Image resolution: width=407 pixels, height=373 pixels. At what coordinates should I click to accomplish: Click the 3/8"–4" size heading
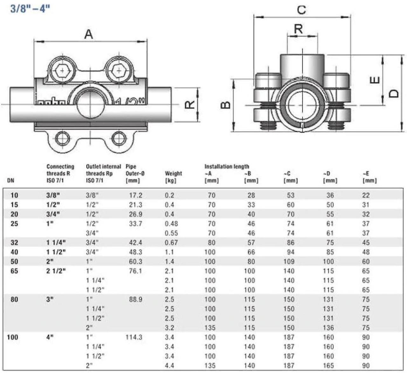click(x=30, y=9)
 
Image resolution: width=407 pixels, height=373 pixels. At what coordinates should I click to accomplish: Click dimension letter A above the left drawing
click(x=89, y=34)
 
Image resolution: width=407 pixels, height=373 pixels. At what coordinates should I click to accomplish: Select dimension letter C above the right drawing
click(x=301, y=10)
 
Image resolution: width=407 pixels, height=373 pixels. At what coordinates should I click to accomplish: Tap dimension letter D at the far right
click(x=394, y=93)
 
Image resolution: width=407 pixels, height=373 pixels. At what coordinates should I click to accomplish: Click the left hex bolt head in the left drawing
click(x=62, y=70)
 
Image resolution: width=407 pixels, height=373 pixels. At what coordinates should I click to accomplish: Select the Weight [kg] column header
click(x=173, y=177)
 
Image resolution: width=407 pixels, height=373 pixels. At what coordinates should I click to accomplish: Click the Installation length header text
click(x=227, y=166)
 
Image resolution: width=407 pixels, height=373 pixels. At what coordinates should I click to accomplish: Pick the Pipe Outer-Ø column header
click(x=135, y=174)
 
